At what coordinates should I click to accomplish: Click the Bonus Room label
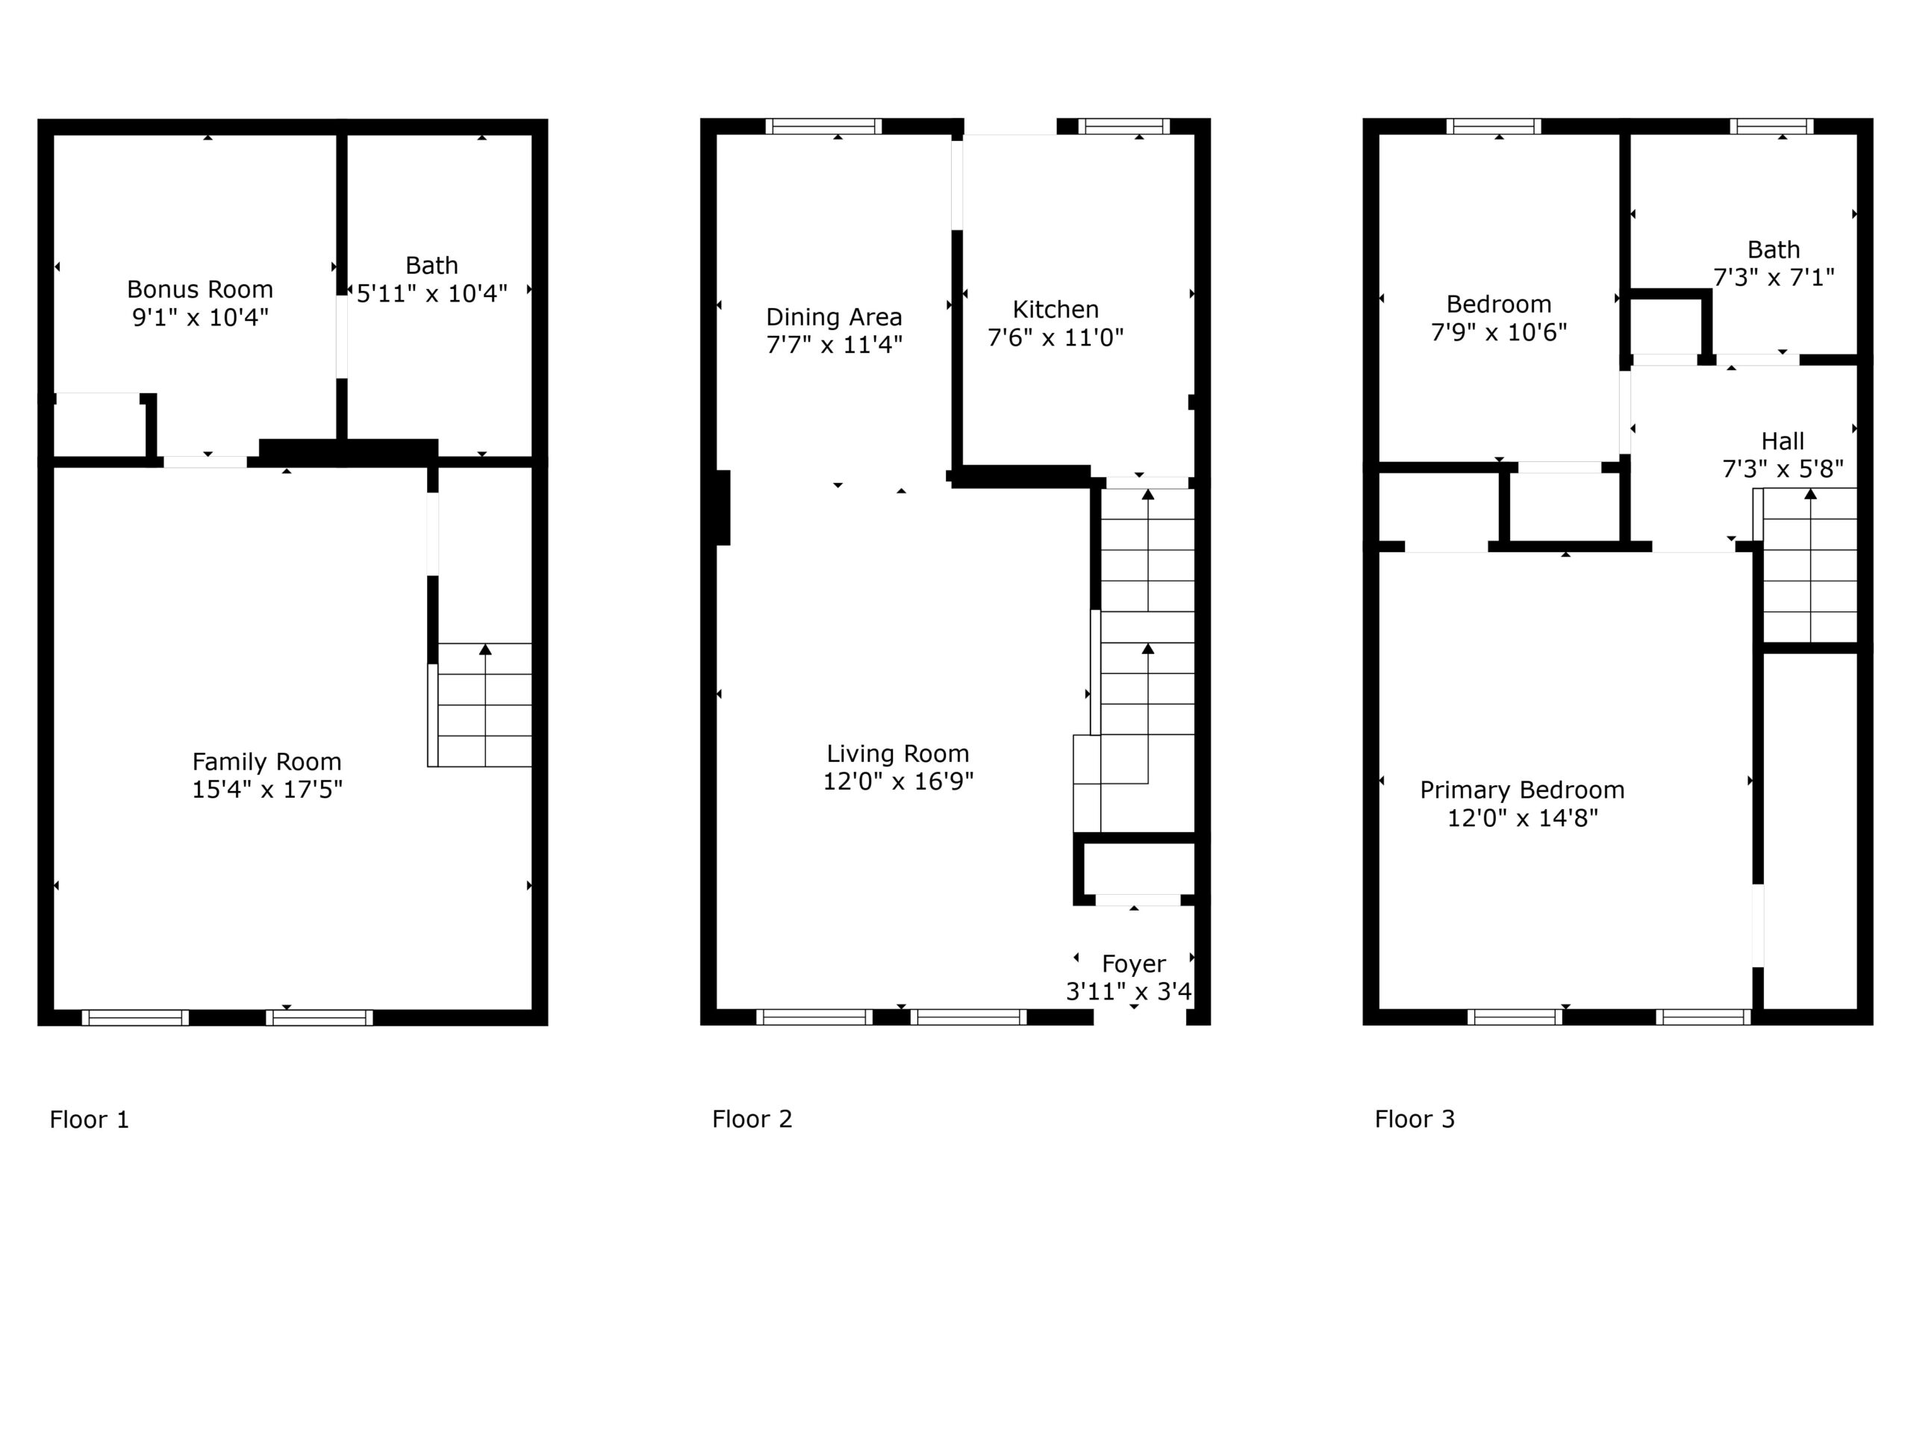[x=199, y=289]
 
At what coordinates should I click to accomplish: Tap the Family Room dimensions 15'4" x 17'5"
[x=267, y=790]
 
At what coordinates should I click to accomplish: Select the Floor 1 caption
[x=89, y=1120]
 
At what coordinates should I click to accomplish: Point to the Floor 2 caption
[x=752, y=1119]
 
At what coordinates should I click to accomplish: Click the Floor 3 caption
[x=1415, y=1119]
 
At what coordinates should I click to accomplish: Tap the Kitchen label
[x=1056, y=309]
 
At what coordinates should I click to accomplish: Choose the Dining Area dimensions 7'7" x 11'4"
[x=834, y=345]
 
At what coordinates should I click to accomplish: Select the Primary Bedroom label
[x=1522, y=790]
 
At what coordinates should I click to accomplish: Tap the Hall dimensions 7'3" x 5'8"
[x=1783, y=469]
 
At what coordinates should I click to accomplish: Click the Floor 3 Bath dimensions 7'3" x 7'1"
[x=1774, y=278]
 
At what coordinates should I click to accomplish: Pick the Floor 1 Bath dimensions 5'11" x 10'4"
[x=432, y=293]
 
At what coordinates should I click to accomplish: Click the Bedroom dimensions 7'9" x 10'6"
[x=1499, y=331]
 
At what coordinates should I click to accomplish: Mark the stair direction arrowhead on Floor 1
[x=485, y=649]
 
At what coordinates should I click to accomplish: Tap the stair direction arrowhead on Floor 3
[x=1810, y=494]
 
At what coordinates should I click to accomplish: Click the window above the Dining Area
[x=823, y=126]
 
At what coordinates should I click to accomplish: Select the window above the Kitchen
[x=1123, y=126]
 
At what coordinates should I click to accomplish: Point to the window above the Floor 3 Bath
[x=1771, y=126]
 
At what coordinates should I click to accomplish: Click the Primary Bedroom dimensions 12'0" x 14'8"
[x=1522, y=818]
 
